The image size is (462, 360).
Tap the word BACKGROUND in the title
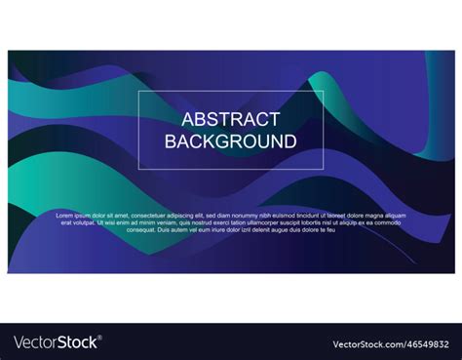point(231,140)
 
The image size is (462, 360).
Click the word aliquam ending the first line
point(395,215)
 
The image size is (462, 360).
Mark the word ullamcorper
point(262,221)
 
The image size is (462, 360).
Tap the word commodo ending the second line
point(388,221)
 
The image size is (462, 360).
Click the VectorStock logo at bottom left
point(57,342)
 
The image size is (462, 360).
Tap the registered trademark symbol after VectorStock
point(100,338)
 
